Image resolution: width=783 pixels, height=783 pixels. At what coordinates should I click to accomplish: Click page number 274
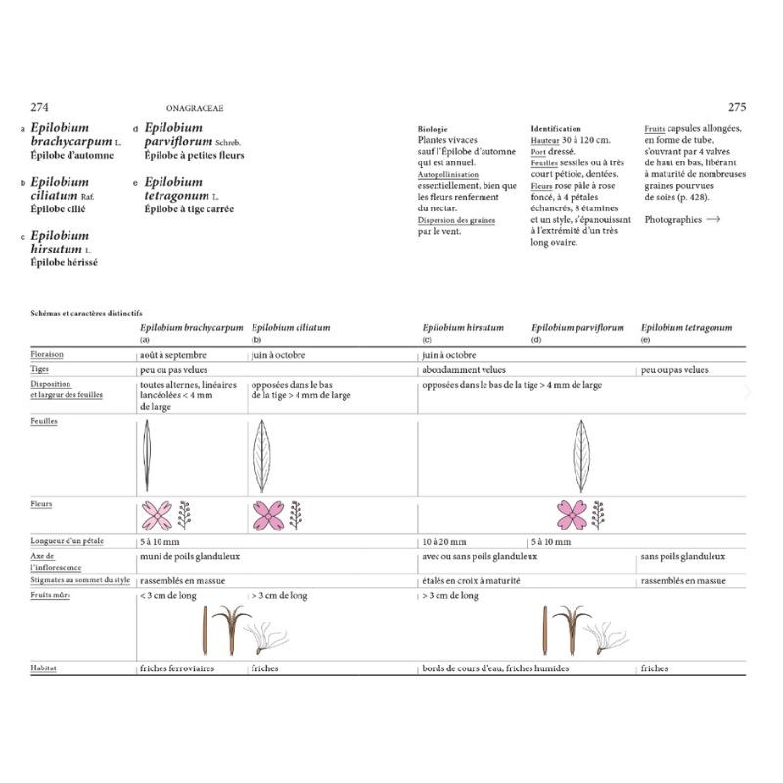coord(40,107)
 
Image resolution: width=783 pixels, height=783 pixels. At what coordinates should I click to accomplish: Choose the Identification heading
coord(556,128)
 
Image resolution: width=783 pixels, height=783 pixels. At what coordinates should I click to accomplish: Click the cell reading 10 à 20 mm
coord(444,541)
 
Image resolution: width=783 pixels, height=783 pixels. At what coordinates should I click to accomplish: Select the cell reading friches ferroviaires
coord(177,668)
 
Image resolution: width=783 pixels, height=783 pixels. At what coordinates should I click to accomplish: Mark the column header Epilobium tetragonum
coord(686,328)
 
